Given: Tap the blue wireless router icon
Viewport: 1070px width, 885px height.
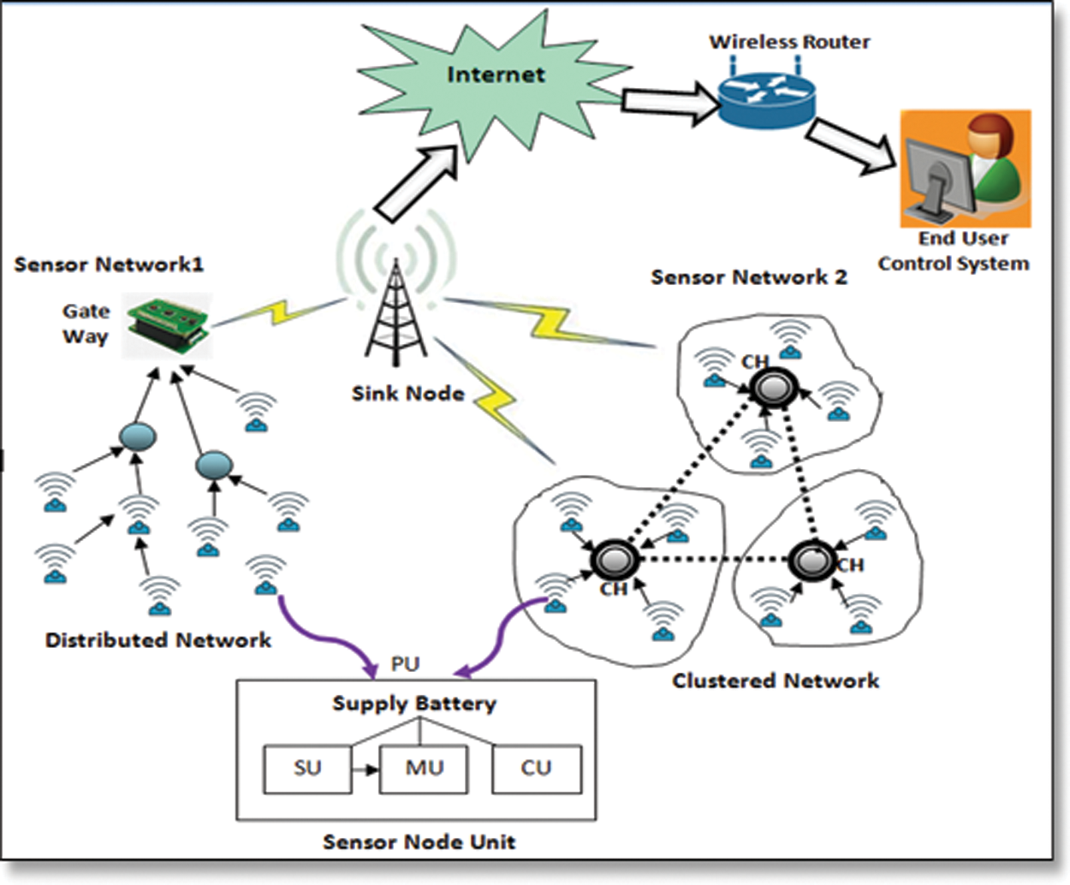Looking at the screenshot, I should click(x=766, y=98).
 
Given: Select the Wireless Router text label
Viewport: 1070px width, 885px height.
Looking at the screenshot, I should click(x=789, y=42).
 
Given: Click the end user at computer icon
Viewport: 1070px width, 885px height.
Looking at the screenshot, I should click(x=965, y=168).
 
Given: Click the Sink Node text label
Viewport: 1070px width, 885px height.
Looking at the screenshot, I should click(x=408, y=394).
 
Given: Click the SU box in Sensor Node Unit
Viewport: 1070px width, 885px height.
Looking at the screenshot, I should click(x=307, y=769).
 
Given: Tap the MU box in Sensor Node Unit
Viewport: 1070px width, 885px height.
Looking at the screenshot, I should click(x=424, y=769).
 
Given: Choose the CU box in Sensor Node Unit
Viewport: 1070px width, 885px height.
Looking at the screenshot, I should click(x=536, y=769).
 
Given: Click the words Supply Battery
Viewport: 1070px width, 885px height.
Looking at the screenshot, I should click(x=414, y=704).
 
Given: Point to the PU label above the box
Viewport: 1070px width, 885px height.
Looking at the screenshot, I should click(x=405, y=664).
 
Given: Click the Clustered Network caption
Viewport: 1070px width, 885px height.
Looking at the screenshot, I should click(x=775, y=681).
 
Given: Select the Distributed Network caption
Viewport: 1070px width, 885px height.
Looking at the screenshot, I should click(x=158, y=640).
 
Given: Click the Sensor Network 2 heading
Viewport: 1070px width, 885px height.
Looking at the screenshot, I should click(x=749, y=277).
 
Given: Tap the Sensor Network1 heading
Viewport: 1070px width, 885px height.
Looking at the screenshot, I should click(x=109, y=264).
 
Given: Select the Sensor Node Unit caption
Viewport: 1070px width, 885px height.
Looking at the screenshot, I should click(x=419, y=842).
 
